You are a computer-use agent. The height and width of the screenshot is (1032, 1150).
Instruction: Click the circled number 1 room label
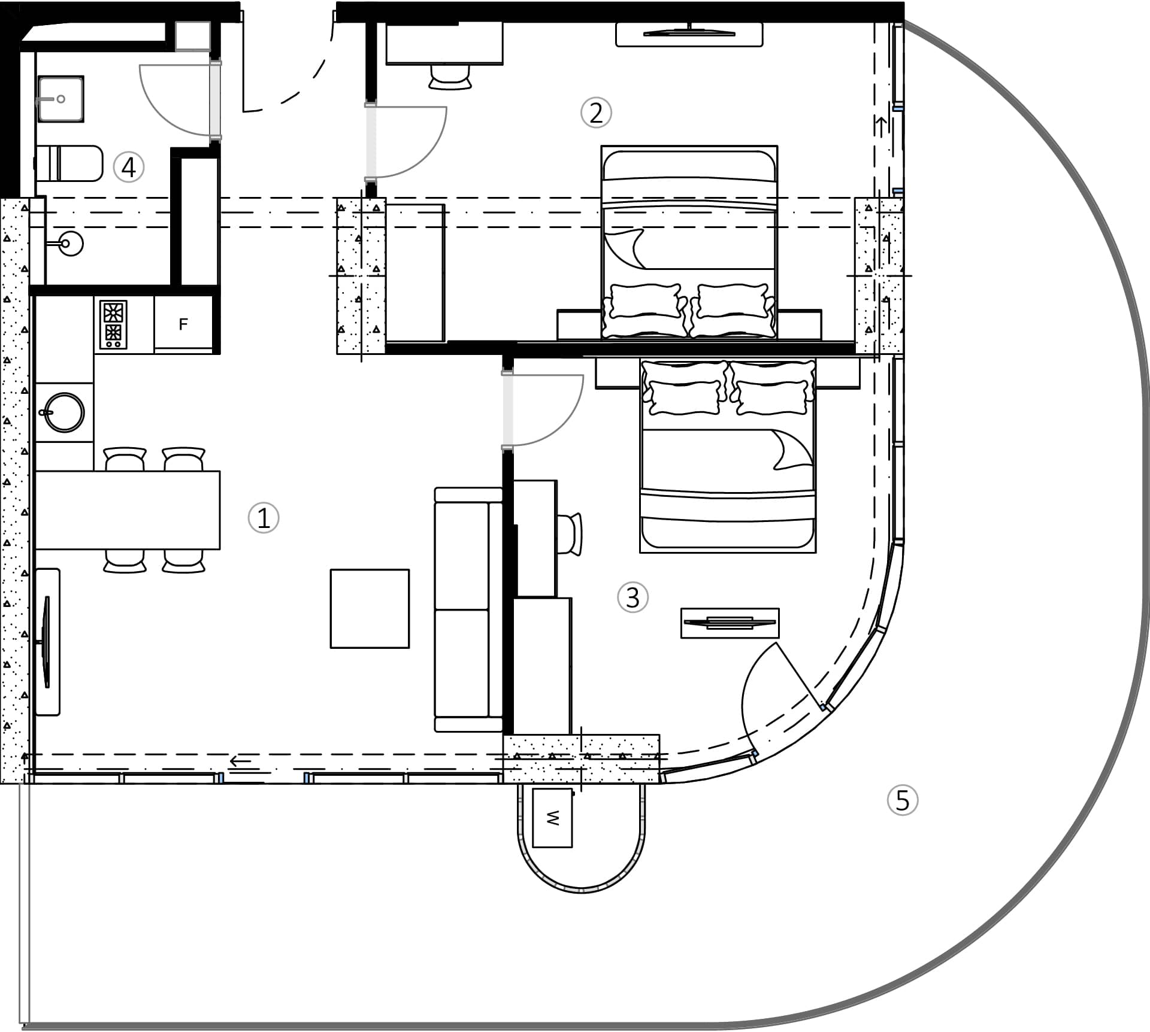pyautogui.click(x=264, y=518)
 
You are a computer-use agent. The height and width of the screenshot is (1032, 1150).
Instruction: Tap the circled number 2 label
pyautogui.click(x=596, y=113)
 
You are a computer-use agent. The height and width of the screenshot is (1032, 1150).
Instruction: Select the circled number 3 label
pyautogui.click(x=632, y=597)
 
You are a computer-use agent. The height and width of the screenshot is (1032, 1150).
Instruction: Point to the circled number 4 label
pyautogui.click(x=129, y=167)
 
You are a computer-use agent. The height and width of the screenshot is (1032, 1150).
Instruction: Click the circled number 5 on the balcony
pyautogui.click(x=902, y=800)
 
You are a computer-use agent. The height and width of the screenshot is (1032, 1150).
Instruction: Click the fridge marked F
pyautogui.click(x=183, y=324)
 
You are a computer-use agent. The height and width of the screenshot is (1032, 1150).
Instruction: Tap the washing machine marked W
pyautogui.click(x=552, y=817)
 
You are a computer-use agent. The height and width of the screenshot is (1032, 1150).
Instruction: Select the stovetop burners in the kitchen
pyautogui.click(x=113, y=324)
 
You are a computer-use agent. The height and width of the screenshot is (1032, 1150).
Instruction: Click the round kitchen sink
pyautogui.click(x=64, y=412)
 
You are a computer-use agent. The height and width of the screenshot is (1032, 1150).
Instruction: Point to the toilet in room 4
pyautogui.click(x=69, y=163)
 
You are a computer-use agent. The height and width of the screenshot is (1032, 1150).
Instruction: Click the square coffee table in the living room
pyautogui.click(x=370, y=608)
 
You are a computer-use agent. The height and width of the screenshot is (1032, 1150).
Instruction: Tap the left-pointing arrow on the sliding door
pyautogui.click(x=241, y=761)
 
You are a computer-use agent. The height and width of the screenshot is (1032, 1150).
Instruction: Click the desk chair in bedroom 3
pyautogui.click(x=570, y=534)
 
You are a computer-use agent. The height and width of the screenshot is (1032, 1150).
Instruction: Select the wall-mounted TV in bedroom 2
pyautogui.click(x=689, y=34)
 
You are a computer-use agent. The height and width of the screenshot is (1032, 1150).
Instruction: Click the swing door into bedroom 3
pyautogui.click(x=542, y=410)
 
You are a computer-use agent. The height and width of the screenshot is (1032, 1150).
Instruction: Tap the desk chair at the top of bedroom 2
pyautogui.click(x=450, y=77)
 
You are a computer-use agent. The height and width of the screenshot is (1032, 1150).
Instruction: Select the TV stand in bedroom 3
pyautogui.click(x=730, y=623)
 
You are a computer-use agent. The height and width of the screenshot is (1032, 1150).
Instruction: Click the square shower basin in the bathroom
pyautogui.click(x=60, y=99)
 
